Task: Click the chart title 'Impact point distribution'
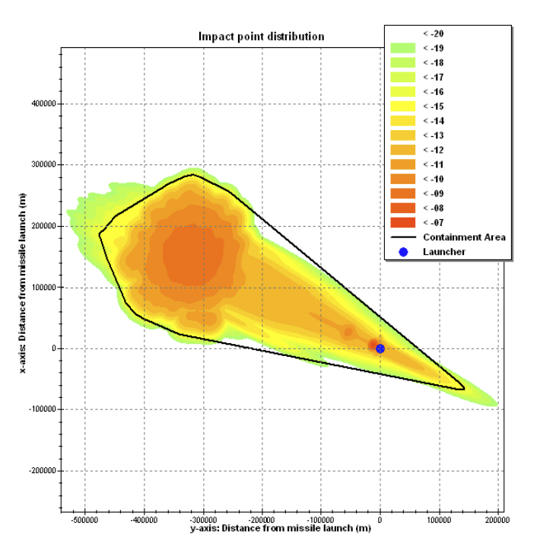[261, 37]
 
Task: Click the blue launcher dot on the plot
[380, 348]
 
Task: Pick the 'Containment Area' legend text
[463, 237]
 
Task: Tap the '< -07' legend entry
[432, 222]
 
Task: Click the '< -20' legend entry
[432, 33]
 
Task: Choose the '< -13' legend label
[432, 135]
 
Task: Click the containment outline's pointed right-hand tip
[464, 388]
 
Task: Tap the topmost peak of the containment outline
[193, 174]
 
